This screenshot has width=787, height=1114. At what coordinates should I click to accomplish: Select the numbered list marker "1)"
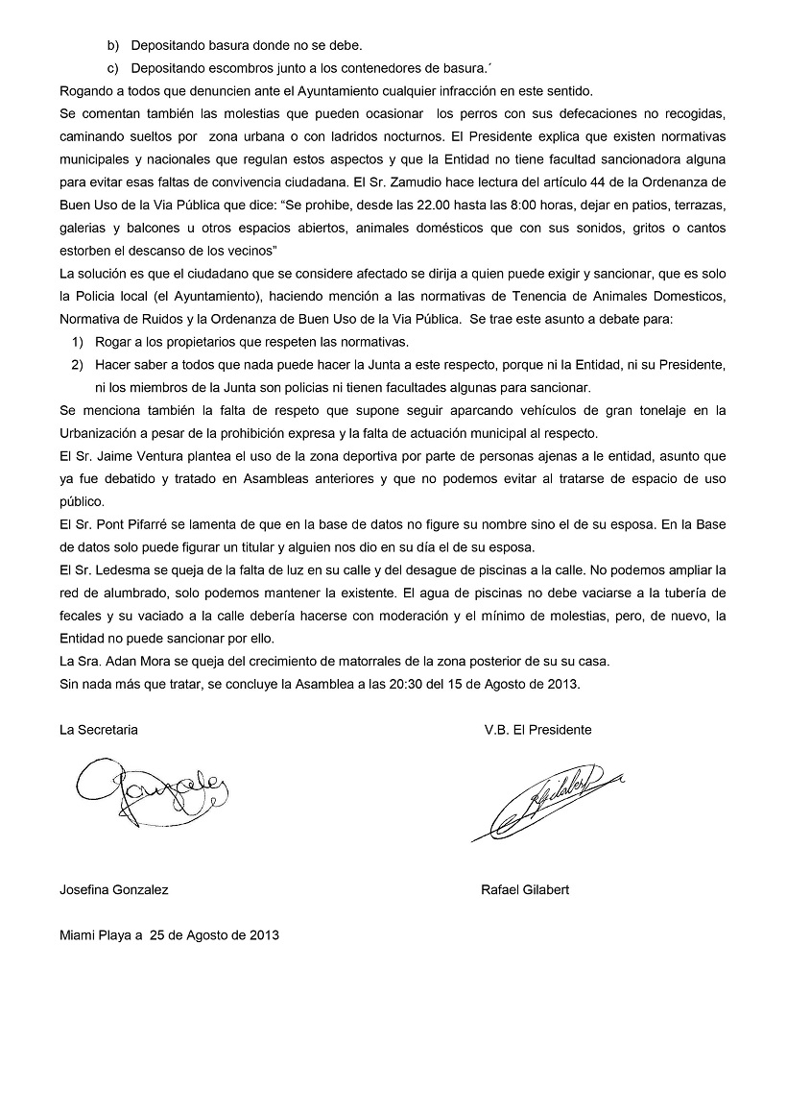[78, 342]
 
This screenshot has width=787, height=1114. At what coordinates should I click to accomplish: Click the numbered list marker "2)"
[78, 365]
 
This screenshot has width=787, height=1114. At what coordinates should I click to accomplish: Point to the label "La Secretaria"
[99, 730]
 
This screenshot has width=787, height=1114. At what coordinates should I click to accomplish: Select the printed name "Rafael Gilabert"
[525, 890]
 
